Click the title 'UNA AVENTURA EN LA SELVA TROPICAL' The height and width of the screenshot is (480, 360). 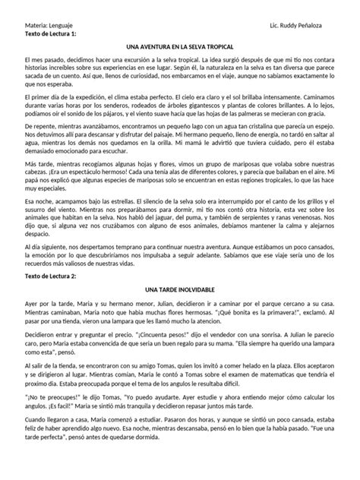pyautogui.click(x=179, y=48)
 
